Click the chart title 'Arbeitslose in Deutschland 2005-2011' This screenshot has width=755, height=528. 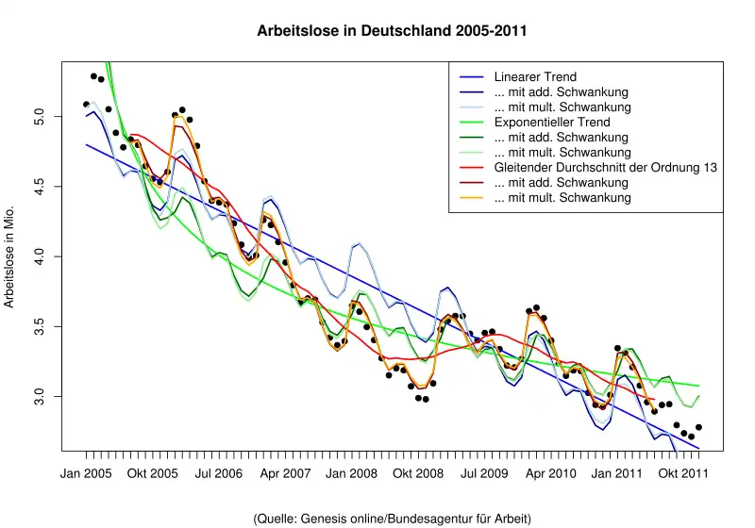(x=392, y=31)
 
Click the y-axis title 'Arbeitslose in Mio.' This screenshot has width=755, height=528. (x=10, y=256)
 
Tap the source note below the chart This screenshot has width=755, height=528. (x=393, y=519)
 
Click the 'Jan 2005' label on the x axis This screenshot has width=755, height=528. (x=86, y=472)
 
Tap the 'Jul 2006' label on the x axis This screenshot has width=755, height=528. (x=219, y=472)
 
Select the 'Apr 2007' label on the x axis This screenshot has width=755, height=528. (x=285, y=472)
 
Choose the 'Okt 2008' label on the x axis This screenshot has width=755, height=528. (x=418, y=472)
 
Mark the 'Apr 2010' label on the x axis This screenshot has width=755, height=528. (x=550, y=472)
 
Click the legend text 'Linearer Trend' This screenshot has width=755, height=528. (x=535, y=77)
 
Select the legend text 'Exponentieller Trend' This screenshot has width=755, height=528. (x=552, y=123)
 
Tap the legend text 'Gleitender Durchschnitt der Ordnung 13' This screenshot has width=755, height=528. (x=605, y=168)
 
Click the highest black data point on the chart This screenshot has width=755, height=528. (x=93, y=76)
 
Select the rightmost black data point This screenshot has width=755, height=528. (x=698, y=427)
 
